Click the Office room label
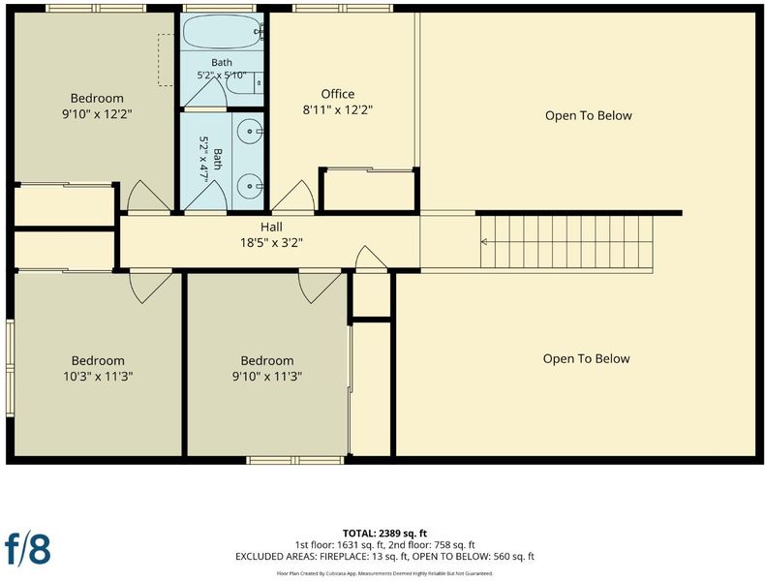tap(338, 94)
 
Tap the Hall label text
tap(271, 227)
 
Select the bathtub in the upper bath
tap(223, 31)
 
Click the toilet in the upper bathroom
tap(245, 82)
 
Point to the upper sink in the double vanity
tap(250, 132)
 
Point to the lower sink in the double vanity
tap(250, 186)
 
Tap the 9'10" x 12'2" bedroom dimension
tap(98, 114)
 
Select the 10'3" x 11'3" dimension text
tap(98, 377)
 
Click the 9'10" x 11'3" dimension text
tap(267, 377)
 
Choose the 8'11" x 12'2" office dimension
tap(338, 109)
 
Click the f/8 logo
tap(28, 548)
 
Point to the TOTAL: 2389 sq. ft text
tap(385, 534)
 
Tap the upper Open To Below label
tap(589, 115)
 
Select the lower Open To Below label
tap(587, 358)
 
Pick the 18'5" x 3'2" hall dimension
tap(271, 242)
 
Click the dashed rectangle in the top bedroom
tap(166, 60)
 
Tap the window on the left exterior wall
tap(10, 368)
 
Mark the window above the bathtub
tap(220, 9)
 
